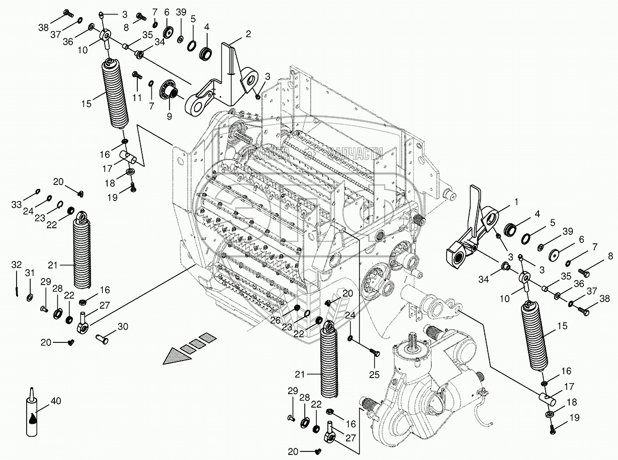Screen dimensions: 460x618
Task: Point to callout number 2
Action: click(248, 34)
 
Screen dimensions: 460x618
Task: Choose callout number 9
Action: click(169, 116)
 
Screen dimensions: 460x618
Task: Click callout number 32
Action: click(17, 265)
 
